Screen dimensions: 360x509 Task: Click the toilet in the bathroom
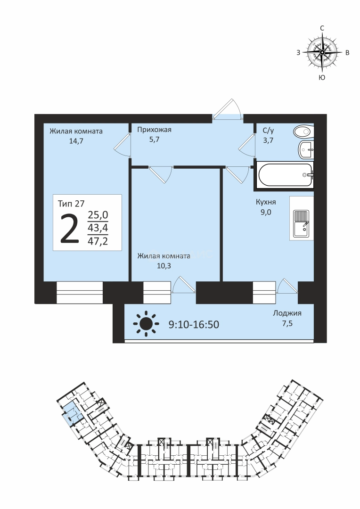[x=303, y=131]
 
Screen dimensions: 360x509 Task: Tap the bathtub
[x=286, y=175]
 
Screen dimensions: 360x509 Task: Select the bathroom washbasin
[x=306, y=150]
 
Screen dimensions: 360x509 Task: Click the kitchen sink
[x=301, y=223]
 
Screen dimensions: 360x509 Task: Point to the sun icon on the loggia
[x=146, y=323]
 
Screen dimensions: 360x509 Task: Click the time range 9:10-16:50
[x=194, y=324]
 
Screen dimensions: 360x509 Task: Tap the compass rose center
[x=322, y=52]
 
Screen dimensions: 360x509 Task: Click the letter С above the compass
[x=322, y=29]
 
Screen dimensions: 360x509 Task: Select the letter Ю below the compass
[x=322, y=77]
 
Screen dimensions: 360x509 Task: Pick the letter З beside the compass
[x=298, y=53]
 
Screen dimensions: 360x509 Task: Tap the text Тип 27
[x=71, y=204]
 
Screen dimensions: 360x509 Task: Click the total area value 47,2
[x=98, y=241]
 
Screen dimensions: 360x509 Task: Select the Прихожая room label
[x=154, y=130]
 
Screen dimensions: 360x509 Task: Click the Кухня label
[x=266, y=202]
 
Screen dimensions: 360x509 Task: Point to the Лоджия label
[x=287, y=313]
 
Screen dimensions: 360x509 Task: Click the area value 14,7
[x=76, y=141]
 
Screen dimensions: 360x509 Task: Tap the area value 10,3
[x=164, y=266]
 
